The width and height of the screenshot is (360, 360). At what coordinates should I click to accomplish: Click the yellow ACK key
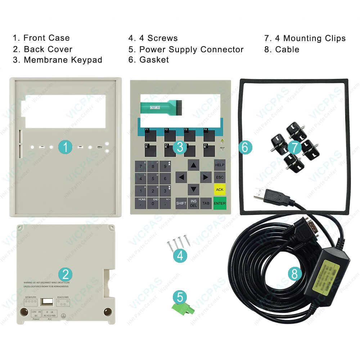[x=220, y=189]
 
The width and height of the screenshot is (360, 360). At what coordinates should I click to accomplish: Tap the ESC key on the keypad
[x=220, y=177]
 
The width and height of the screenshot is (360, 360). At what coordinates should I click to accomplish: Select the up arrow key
[x=194, y=165]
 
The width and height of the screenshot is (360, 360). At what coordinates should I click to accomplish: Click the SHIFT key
[x=181, y=203]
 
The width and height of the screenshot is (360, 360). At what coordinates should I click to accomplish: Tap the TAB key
[x=206, y=203]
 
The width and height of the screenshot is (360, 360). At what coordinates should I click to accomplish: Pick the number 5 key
[x=153, y=178]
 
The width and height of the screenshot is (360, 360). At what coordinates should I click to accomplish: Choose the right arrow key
[x=206, y=177]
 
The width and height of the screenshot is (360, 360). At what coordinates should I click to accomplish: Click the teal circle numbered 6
[x=245, y=147]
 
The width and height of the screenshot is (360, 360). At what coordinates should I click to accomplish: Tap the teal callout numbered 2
[x=65, y=275]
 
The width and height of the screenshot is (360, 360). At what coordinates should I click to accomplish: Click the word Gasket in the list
[x=154, y=60]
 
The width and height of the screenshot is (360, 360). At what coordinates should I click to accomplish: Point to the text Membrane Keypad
[x=63, y=60]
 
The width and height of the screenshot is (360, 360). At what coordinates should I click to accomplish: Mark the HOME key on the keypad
[x=142, y=201]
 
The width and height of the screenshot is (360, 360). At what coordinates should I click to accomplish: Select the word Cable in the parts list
[x=287, y=49]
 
